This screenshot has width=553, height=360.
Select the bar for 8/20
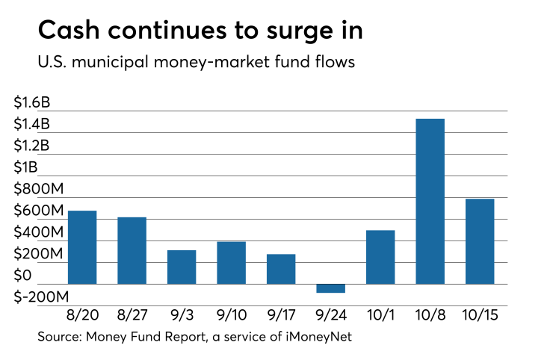click(x=82, y=247)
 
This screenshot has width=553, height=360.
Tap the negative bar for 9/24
click(x=331, y=288)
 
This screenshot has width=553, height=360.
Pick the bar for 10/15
click(x=480, y=241)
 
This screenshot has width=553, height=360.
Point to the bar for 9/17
click(x=281, y=269)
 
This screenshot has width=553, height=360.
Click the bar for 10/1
click(x=380, y=257)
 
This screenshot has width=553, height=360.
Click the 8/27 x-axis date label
click(x=132, y=317)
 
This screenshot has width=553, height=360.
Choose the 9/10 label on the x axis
click(x=231, y=317)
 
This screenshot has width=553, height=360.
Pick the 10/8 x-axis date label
click(x=430, y=317)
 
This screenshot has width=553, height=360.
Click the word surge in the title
click(x=280, y=31)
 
